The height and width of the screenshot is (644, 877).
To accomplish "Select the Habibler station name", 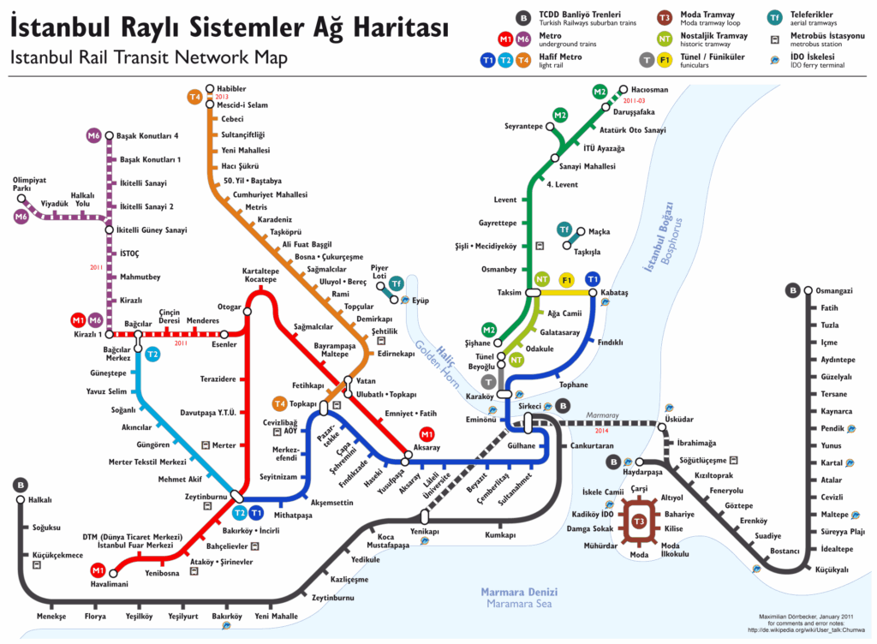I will click(x=231, y=88).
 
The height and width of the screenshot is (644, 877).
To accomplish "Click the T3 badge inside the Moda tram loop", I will click(x=639, y=522).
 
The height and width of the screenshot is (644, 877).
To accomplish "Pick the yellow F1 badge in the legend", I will click(x=665, y=59).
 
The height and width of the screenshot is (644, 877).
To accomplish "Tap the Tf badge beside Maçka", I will click(x=564, y=230).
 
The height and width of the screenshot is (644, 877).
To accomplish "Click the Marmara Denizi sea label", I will click(x=519, y=592).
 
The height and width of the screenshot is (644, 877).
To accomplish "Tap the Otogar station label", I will click(x=229, y=306).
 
